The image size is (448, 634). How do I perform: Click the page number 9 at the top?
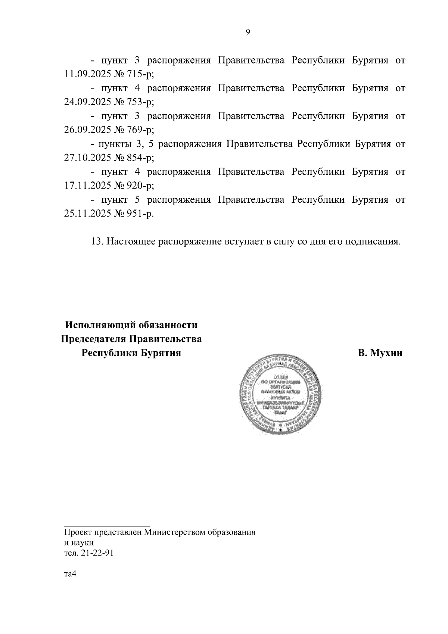(248, 32)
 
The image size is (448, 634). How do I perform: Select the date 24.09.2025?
(86, 102)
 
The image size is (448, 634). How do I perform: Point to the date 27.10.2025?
(86, 158)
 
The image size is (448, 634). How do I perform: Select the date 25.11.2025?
(86, 214)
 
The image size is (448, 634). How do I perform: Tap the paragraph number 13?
(97, 242)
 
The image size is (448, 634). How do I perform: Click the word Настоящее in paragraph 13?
(132, 242)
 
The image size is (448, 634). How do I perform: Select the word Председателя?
(93, 339)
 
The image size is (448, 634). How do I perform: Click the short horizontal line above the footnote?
(107, 525)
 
